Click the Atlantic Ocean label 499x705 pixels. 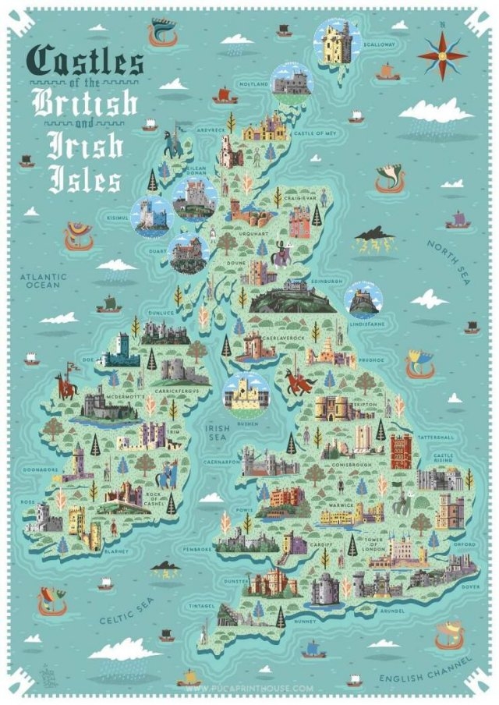tap(44, 281)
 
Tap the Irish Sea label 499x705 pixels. tap(218, 433)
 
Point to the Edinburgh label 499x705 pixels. tap(325, 281)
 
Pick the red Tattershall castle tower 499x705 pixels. tap(401, 452)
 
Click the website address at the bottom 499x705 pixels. tap(249, 688)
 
